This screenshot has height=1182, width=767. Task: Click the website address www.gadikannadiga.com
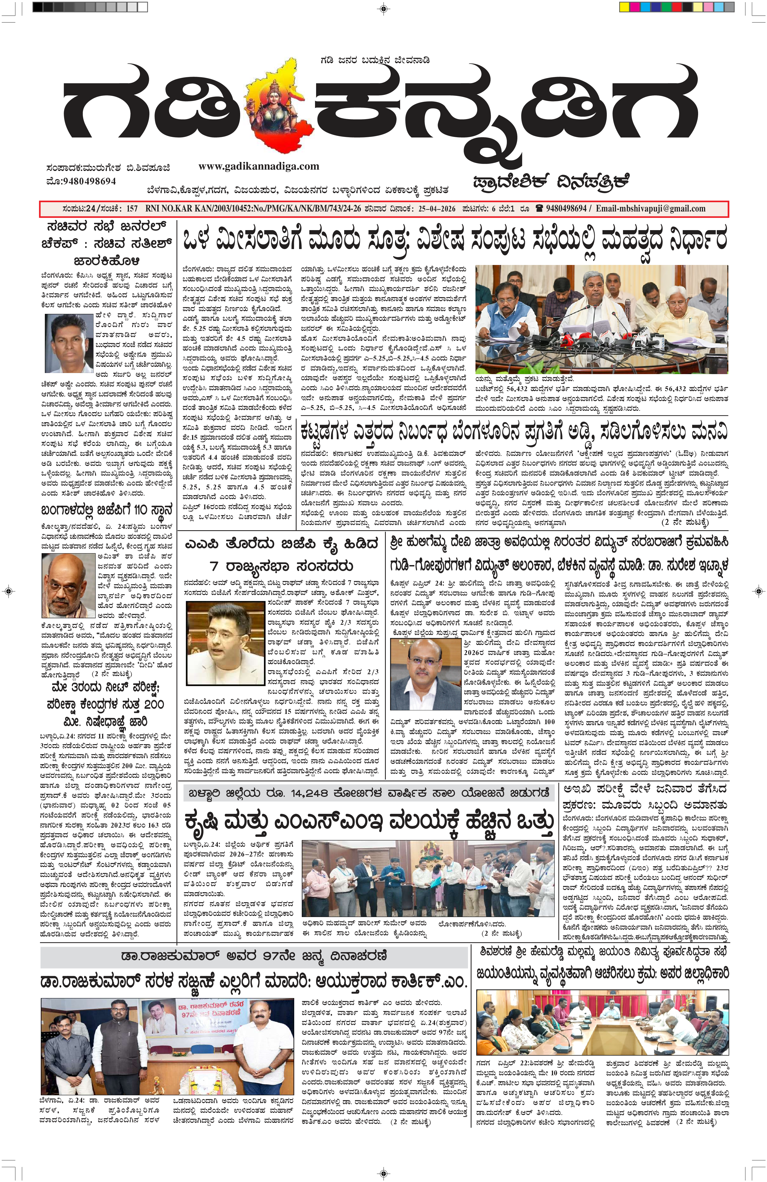(x=258, y=166)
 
